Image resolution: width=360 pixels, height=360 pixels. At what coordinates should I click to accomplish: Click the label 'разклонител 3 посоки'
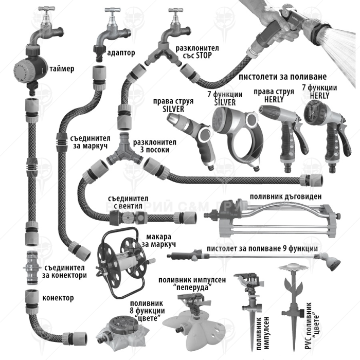(x=154, y=146)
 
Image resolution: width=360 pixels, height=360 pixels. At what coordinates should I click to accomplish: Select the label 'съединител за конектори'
(x=65, y=271)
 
